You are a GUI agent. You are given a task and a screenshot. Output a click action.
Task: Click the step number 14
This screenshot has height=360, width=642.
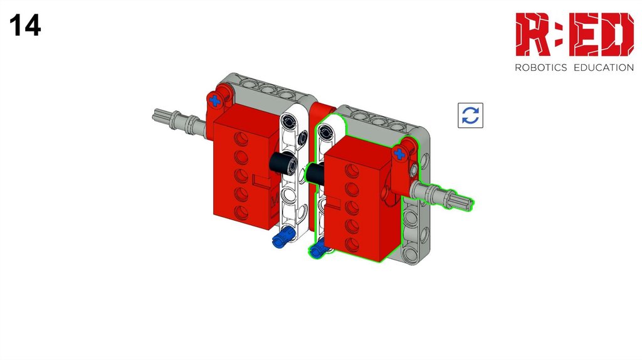point(25,25)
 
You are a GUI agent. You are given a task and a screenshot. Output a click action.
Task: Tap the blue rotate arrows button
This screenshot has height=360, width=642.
point(470,115)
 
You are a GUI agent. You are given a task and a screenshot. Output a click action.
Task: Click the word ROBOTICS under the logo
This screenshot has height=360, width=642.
point(540,68)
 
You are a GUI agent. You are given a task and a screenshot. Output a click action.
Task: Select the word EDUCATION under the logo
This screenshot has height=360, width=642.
point(604,68)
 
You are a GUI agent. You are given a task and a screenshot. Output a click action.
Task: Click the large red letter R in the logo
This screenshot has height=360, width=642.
point(532,34)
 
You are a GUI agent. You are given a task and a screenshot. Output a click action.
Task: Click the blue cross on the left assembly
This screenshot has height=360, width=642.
point(214,100)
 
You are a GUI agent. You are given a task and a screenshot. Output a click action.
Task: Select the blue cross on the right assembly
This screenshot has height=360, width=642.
point(399,154)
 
